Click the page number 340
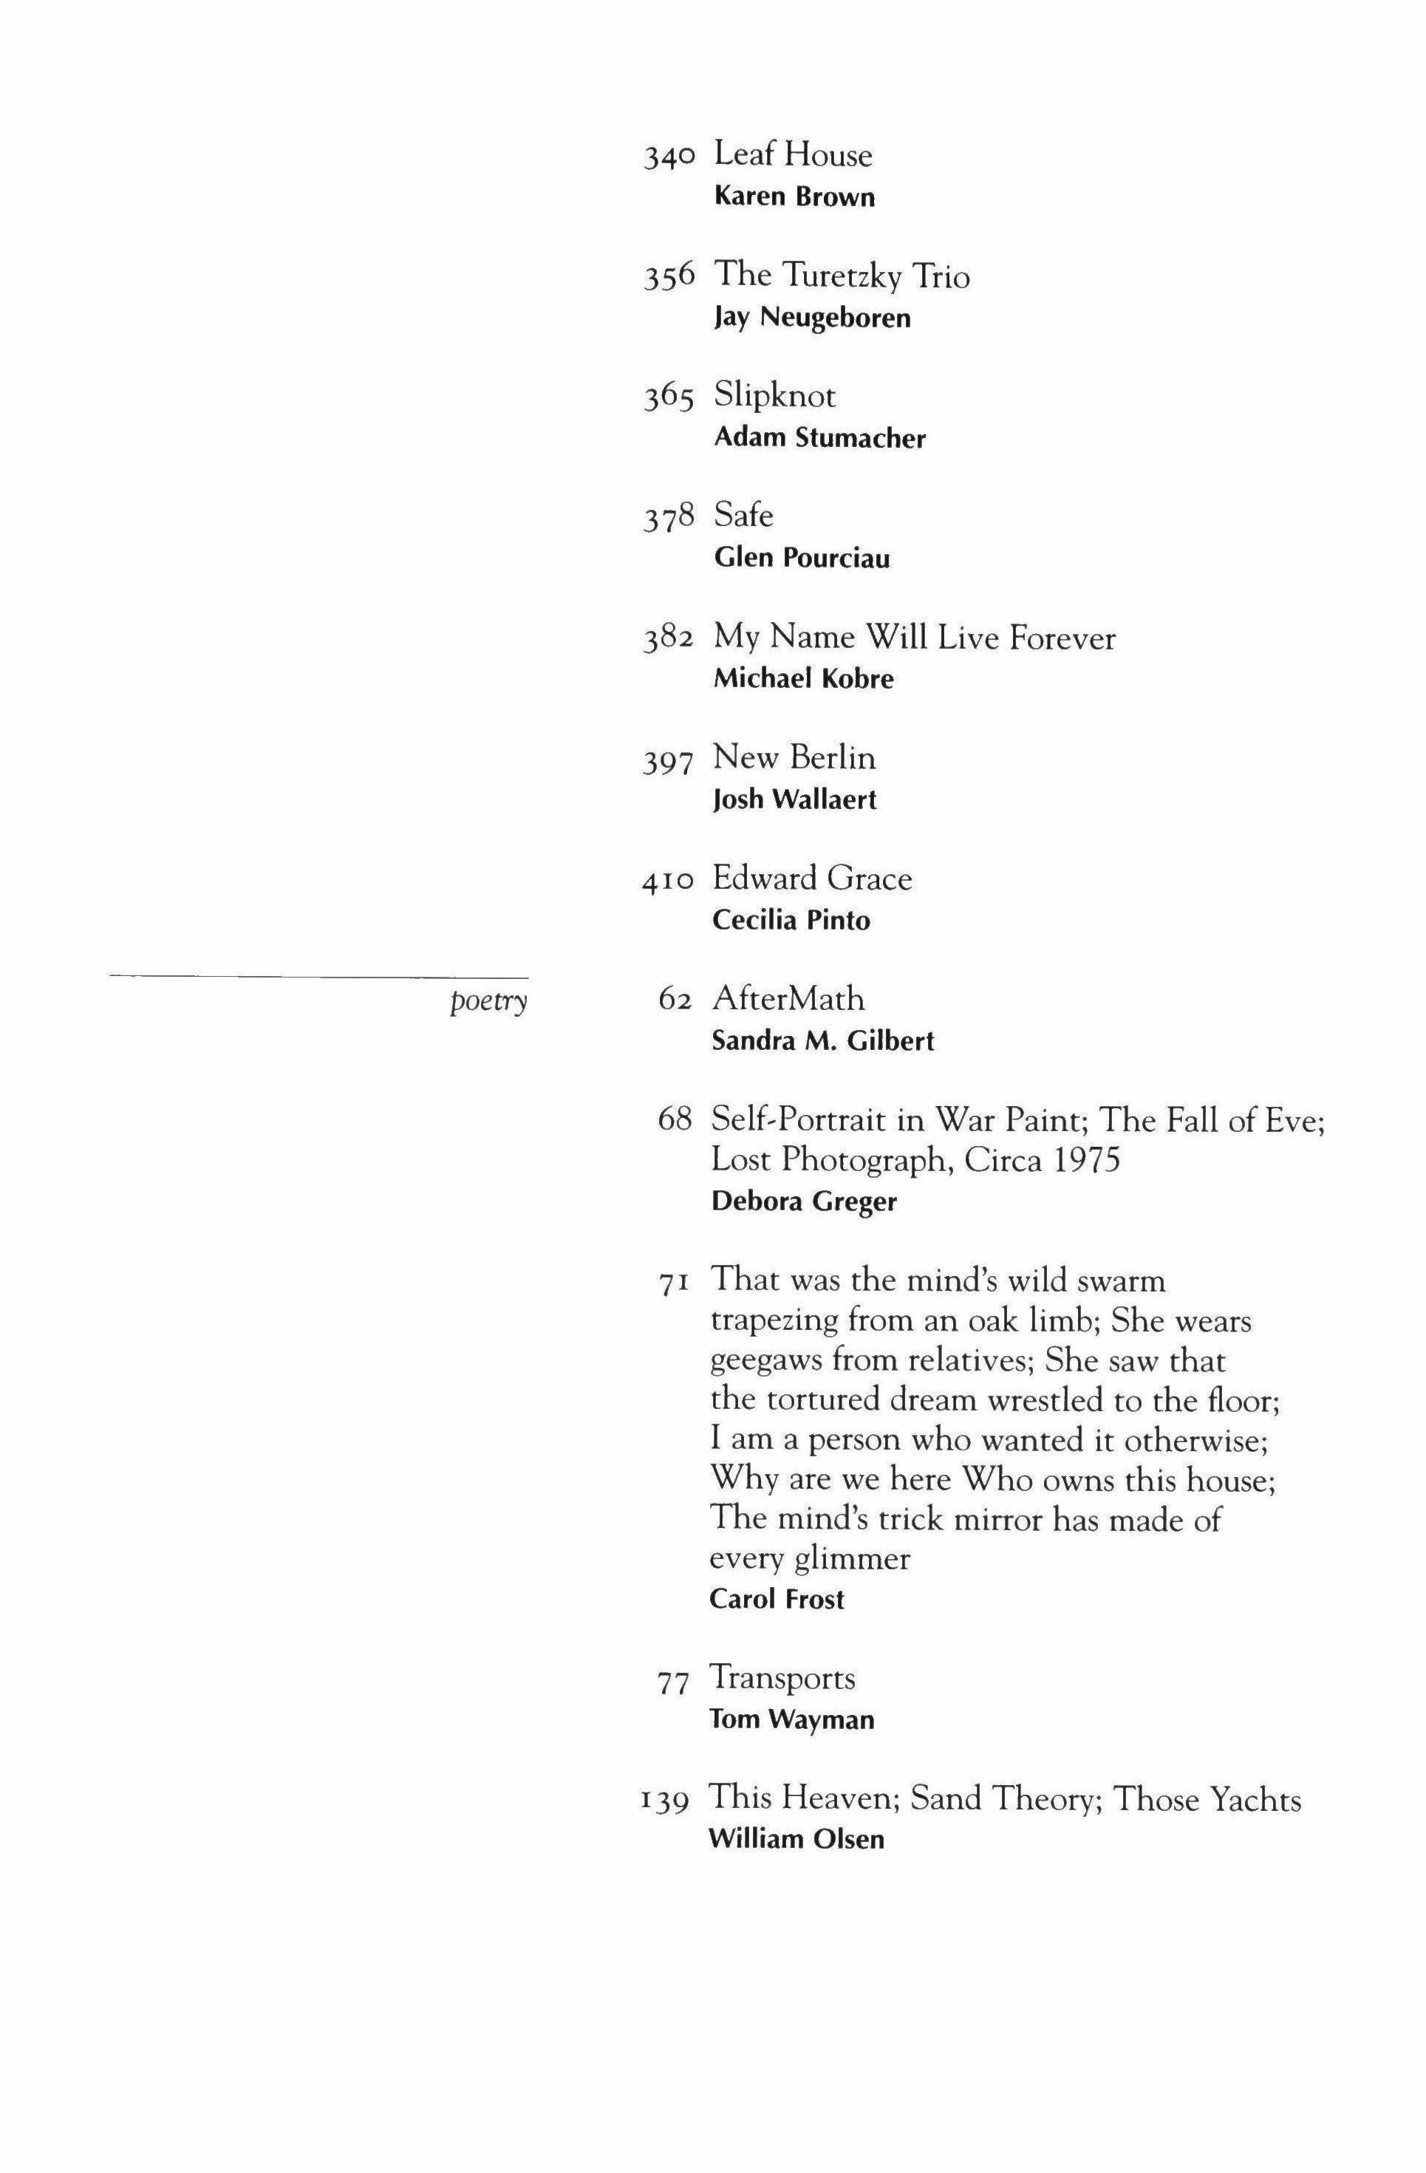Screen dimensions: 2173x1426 (x=669, y=158)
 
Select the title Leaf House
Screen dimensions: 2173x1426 (x=792, y=154)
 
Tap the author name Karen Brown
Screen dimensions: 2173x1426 (x=794, y=197)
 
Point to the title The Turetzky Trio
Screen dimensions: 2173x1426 (x=841, y=275)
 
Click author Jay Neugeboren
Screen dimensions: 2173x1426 (x=811, y=318)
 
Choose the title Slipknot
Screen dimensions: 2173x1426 (x=774, y=395)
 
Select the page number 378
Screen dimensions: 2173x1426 (x=669, y=518)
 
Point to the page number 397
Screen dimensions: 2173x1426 (x=669, y=760)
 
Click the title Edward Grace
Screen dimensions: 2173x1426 (x=811, y=879)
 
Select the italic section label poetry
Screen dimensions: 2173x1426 (x=488, y=1002)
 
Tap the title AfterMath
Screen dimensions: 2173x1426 (x=787, y=998)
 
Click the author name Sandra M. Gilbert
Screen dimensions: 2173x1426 (x=822, y=1041)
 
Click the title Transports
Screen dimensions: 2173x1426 (x=782, y=1677)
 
